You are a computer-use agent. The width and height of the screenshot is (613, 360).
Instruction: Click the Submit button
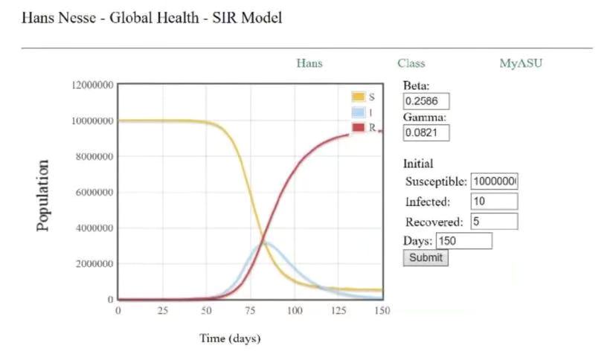point(426,258)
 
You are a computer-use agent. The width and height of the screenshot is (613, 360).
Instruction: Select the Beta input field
point(426,100)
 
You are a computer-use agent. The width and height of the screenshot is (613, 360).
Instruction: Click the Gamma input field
point(426,132)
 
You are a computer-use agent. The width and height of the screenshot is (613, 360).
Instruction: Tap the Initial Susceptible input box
point(494,181)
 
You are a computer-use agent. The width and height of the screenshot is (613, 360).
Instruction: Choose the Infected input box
point(494,202)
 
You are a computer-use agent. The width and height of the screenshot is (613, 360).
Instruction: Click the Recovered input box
point(494,221)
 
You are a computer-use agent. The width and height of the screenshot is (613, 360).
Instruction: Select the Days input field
point(464,241)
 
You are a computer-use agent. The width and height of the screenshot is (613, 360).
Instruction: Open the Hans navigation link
point(309,63)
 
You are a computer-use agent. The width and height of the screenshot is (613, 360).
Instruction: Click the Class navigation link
point(411,63)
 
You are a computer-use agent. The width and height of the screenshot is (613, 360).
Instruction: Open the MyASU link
point(521,63)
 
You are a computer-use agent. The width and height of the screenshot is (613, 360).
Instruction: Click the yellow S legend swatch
point(358,97)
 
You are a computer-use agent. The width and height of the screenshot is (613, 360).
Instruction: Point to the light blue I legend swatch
point(358,112)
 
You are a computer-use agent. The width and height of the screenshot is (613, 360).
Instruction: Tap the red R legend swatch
point(358,127)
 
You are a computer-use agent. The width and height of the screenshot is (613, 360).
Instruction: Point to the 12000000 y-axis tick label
point(92,86)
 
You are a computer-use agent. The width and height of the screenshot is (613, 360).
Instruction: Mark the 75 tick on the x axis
point(251,310)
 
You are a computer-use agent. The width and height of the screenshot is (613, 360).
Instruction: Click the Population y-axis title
point(44,195)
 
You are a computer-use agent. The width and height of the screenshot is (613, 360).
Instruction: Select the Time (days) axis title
point(230,338)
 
